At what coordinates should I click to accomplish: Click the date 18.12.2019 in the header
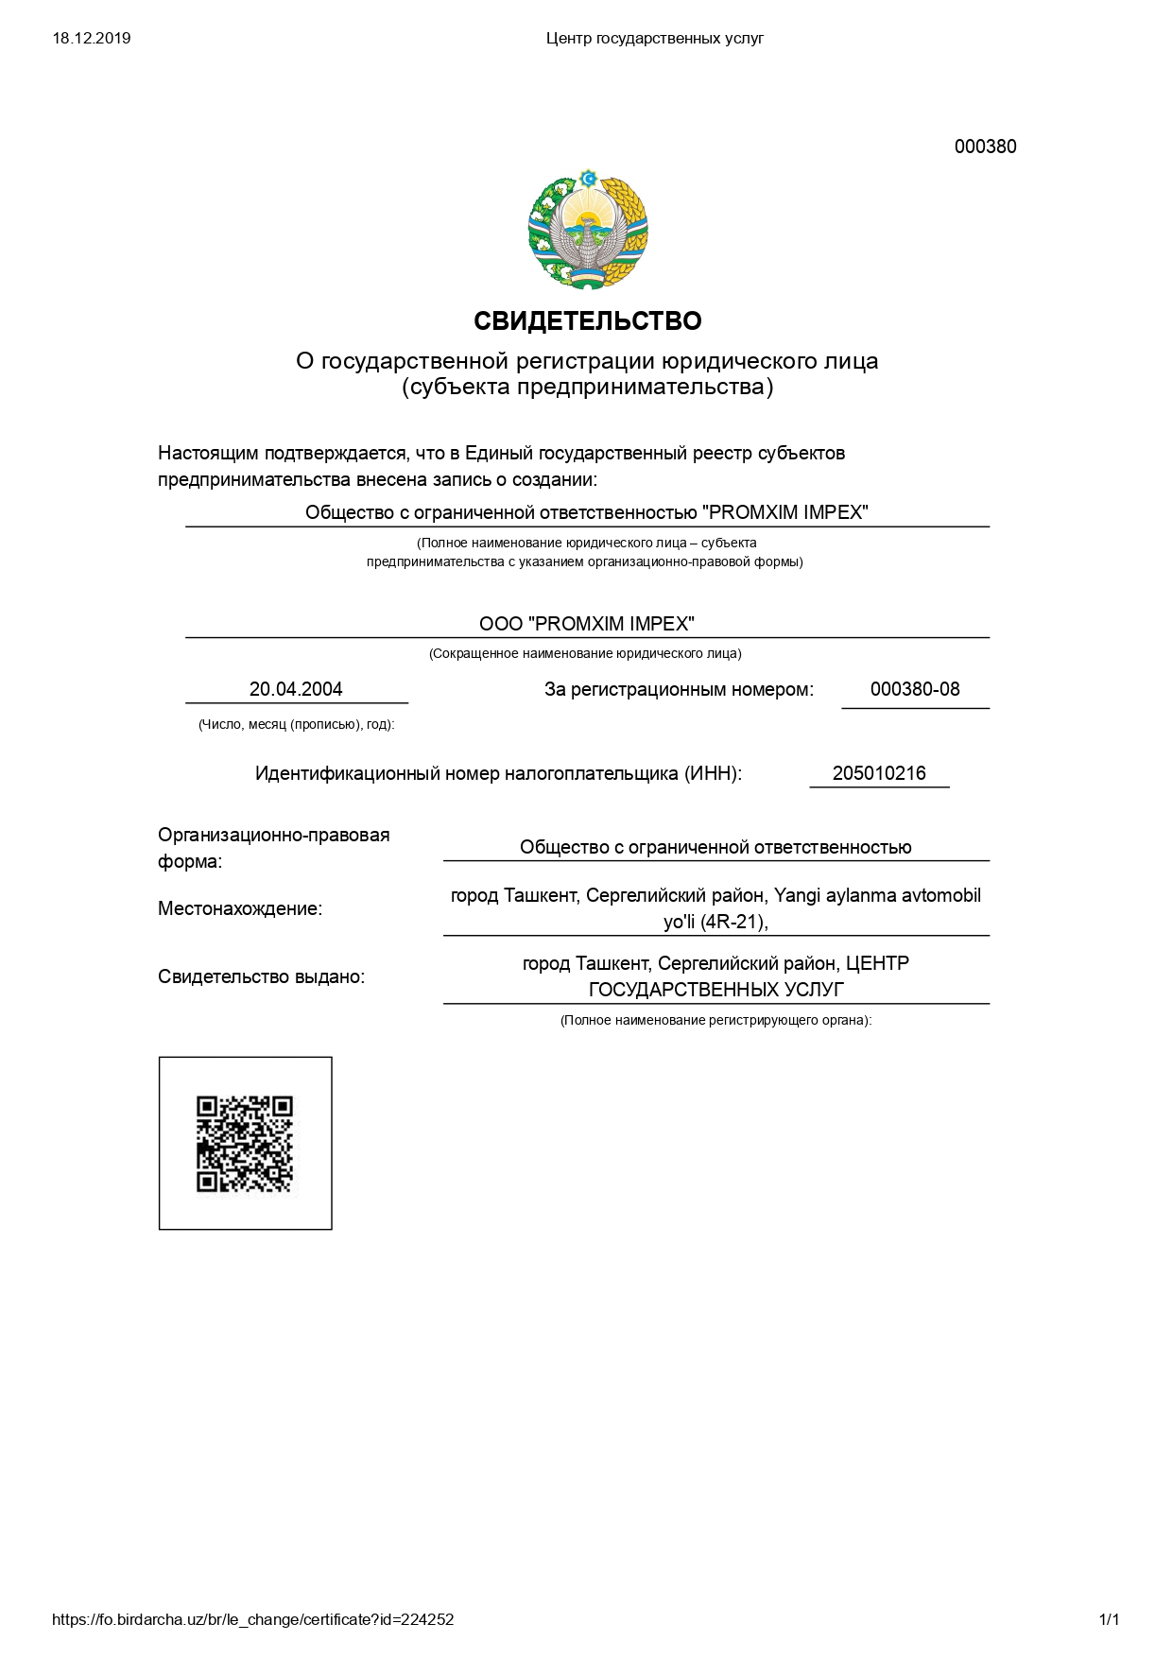tap(92, 39)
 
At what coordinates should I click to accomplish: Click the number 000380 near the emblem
tap(985, 147)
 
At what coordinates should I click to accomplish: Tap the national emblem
tap(588, 230)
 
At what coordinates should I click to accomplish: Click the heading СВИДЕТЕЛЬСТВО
tap(587, 321)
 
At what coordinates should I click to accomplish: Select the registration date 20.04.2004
tap(296, 689)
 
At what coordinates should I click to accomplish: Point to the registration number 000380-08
tap(914, 689)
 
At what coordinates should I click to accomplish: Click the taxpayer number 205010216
tap(879, 773)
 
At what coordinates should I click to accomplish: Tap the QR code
tap(245, 1144)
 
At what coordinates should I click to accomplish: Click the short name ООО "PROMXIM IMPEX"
tap(587, 624)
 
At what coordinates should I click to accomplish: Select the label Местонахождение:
tap(240, 909)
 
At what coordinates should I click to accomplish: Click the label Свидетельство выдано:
tap(261, 976)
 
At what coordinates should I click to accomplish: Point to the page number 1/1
tap(1109, 1619)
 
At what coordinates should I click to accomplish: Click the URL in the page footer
tap(252, 1619)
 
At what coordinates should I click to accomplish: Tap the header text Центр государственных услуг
tap(654, 39)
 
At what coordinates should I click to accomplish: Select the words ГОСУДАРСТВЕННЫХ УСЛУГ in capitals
tap(715, 990)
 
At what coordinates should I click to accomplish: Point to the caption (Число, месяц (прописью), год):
tap(296, 725)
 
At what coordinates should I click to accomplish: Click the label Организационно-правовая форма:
tap(274, 848)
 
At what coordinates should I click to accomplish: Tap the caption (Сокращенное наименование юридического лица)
tap(585, 654)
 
